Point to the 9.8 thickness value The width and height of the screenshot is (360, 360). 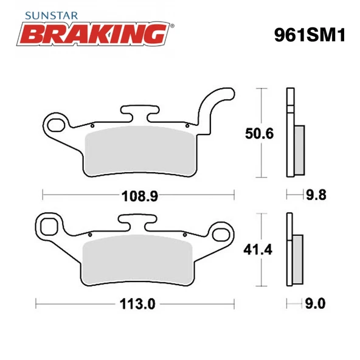tap(316, 195)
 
